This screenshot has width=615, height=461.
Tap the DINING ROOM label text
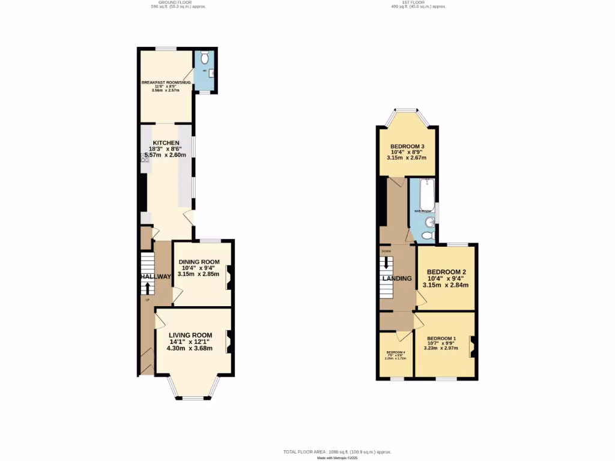198,262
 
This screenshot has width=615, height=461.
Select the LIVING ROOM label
190,335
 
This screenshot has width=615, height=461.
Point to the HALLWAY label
156,276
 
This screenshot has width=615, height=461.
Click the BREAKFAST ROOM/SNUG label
166,82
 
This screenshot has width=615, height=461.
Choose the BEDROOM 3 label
408,146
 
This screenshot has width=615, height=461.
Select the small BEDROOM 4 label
396,352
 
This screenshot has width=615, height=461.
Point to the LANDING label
397,279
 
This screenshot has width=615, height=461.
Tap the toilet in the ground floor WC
205,58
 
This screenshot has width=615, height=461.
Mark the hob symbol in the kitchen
145,158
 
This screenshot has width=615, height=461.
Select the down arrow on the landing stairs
386,262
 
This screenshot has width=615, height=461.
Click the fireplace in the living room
228,342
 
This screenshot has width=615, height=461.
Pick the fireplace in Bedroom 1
473,346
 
